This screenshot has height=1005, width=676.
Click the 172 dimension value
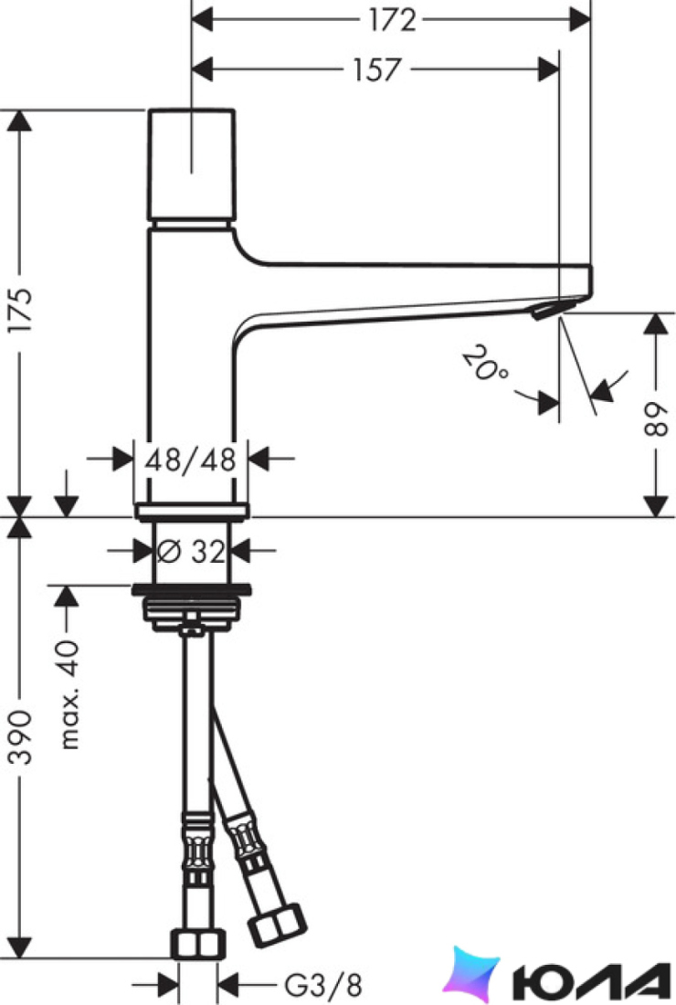[392, 20]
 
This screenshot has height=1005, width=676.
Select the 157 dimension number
[377, 69]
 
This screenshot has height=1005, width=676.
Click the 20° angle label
[486, 364]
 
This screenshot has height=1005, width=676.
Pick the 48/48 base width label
[190, 460]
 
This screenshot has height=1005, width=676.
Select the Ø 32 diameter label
[191, 551]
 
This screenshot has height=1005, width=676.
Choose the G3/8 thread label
[323, 983]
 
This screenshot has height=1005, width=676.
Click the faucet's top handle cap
[192, 164]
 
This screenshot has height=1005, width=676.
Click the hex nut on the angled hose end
[277, 925]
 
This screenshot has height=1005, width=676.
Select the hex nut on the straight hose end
[198, 944]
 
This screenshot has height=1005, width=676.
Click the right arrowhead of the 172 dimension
[579, 20]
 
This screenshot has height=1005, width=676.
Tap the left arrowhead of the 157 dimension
[203, 69]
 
